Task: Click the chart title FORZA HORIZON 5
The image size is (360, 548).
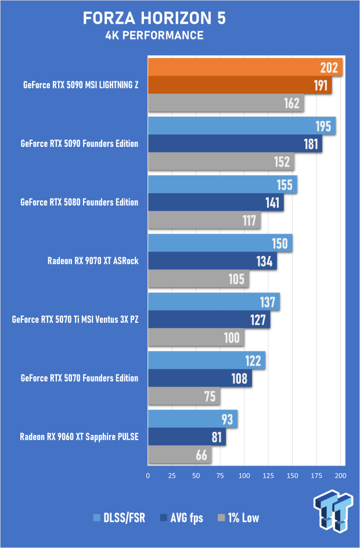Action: click(x=154, y=19)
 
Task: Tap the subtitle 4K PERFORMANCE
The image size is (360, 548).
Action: click(x=154, y=35)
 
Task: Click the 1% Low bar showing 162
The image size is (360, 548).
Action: click(x=226, y=104)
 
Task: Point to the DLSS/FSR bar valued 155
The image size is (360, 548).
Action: click(x=222, y=185)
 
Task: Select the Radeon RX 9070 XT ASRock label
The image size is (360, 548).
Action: click(x=93, y=261)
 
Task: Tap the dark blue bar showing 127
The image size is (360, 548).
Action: click(x=209, y=320)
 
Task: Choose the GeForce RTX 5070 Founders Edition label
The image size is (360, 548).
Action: click(x=80, y=378)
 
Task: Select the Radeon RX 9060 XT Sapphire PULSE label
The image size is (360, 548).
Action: click(x=80, y=437)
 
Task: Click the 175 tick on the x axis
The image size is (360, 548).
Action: click(x=316, y=475)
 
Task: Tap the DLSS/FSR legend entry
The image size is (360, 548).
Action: click(x=123, y=518)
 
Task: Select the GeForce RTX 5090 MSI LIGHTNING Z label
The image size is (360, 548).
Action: click(x=81, y=85)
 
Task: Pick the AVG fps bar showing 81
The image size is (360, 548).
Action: click(x=186, y=437)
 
